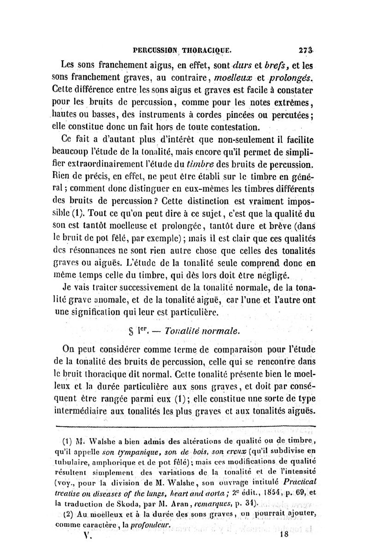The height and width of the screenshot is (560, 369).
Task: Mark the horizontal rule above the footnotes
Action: pos(184,427)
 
